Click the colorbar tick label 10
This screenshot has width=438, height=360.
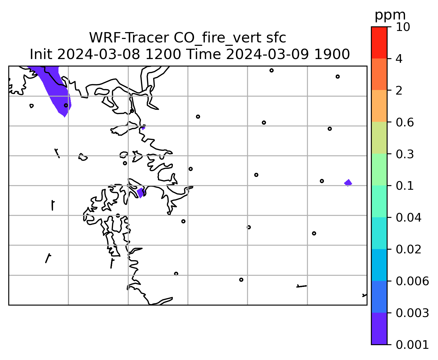[x=403, y=27]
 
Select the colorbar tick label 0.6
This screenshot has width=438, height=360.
[x=404, y=122]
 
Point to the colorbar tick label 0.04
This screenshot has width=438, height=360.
[x=408, y=218]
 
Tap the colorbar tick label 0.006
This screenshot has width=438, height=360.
[x=412, y=281]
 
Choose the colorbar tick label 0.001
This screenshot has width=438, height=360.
[x=412, y=345]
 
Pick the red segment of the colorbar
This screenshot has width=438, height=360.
[x=379, y=43]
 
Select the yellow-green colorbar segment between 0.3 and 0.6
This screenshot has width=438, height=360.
[x=379, y=138]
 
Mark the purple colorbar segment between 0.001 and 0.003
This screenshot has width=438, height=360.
[x=379, y=328]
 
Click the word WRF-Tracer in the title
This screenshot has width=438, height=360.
[x=128, y=38]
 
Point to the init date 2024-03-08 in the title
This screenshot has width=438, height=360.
[x=98, y=54]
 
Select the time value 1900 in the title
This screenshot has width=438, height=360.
[x=332, y=54]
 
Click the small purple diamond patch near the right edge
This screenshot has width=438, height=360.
[x=348, y=183]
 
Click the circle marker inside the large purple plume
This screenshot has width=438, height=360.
[x=66, y=105]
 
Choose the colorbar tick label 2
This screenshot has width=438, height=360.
[x=399, y=91]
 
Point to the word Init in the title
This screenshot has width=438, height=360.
[x=41, y=54]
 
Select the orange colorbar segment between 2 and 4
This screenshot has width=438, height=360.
[x=379, y=74]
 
